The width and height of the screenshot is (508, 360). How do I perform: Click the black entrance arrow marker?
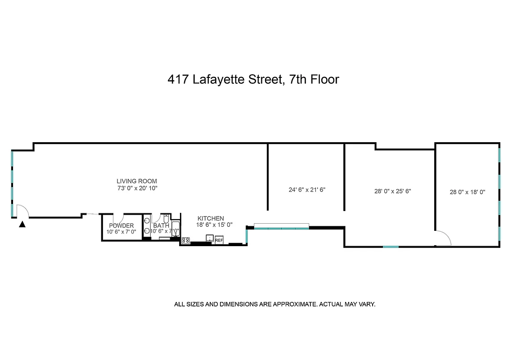pos(22,224)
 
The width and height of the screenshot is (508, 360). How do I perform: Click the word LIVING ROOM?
pos(137,181)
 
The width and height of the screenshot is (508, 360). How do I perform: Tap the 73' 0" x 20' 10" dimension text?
pos(137,188)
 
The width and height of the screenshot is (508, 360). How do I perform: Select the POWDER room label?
pos(121,225)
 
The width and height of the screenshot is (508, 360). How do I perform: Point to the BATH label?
pos(161,225)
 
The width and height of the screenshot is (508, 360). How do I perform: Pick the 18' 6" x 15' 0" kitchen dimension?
pos(214,225)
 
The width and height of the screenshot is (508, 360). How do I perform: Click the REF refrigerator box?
pos(219,241)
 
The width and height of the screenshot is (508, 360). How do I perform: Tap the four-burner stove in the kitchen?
pos(185,240)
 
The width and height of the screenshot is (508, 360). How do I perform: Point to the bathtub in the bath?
pos(176,229)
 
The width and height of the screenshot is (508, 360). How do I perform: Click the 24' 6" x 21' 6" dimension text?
pos(306,189)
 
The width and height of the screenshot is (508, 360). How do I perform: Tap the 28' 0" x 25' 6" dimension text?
pos(393,191)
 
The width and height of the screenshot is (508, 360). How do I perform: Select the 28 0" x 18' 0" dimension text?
pos(468,192)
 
